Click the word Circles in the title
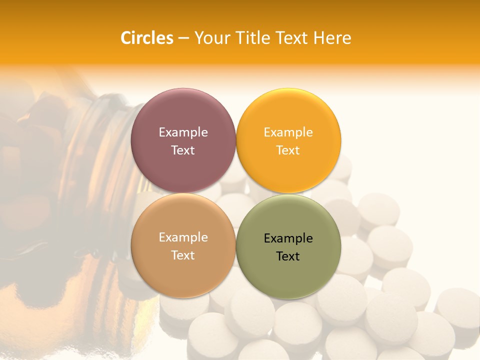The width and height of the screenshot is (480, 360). pyautogui.click(x=147, y=38)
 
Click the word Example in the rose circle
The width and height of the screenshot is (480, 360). pyautogui.click(x=183, y=132)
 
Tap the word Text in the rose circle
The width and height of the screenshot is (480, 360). pyautogui.click(x=183, y=150)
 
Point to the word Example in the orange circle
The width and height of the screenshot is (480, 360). pyautogui.click(x=288, y=132)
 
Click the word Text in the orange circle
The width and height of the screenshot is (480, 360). pyautogui.click(x=288, y=150)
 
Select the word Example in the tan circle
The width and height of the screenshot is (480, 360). pyautogui.click(x=183, y=237)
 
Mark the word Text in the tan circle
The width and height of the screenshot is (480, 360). pyautogui.click(x=183, y=255)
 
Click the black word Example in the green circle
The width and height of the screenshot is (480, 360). pyautogui.click(x=288, y=238)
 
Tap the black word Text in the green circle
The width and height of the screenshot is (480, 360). pyautogui.click(x=288, y=256)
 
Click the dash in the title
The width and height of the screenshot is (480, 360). pyautogui.click(x=183, y=38)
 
